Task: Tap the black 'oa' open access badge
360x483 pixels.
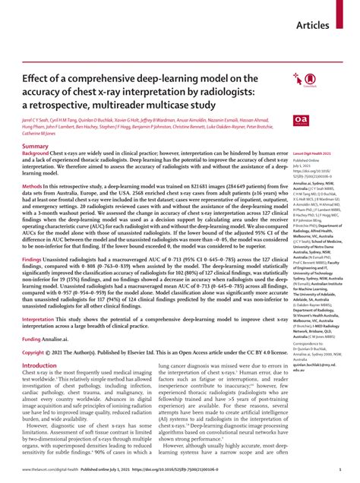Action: pos(299,120)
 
